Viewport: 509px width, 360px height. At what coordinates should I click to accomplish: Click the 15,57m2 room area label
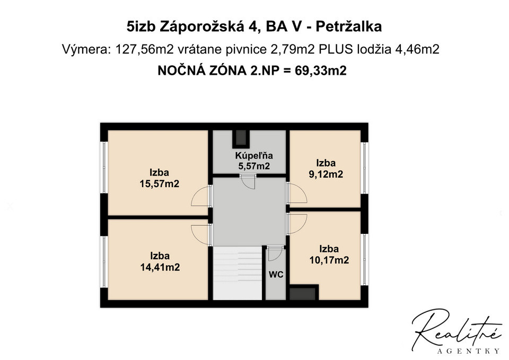tap(160, 184)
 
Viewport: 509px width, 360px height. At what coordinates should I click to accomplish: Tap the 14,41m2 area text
tap(160, 267)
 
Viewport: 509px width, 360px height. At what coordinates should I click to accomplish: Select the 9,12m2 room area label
tap(326, 174)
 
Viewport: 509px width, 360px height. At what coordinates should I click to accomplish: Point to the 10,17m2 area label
tap(329, 260)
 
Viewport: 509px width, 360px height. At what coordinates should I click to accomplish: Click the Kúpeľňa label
tap(254, 155)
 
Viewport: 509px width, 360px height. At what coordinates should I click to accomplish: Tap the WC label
tap(276, 275)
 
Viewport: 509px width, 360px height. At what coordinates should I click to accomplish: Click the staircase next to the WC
tap(238, 273)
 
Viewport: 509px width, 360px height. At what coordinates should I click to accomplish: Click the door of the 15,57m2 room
tap(201, 196)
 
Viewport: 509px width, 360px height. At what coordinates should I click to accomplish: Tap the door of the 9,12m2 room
tap(297, 193)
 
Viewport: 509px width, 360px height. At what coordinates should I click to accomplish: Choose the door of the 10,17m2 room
tap(297, 223)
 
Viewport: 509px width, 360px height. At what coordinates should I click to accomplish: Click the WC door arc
tap(275, 254)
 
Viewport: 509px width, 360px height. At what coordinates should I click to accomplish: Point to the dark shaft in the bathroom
tap(241, 138)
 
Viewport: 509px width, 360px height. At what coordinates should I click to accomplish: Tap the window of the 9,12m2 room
tap(365, 168)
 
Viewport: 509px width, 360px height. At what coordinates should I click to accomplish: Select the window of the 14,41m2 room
tap(104, 261)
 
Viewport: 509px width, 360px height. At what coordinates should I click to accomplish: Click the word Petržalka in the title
tap(349, 27)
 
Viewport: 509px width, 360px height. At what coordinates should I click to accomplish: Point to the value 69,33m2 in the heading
tap(320, 70)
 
